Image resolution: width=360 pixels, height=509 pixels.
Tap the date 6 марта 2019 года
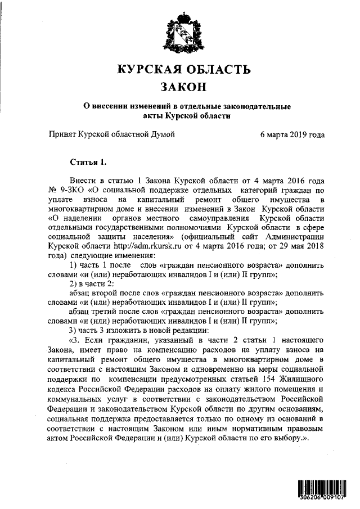coord(292,135)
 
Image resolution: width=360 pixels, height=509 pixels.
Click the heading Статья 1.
coord(87,163)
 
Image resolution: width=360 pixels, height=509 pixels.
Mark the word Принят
coord(64,135)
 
